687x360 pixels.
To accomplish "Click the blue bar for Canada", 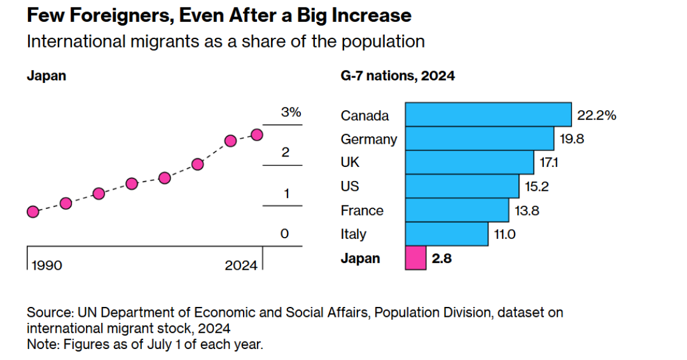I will coord(488,115).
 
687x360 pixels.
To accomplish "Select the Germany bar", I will coord(479,138).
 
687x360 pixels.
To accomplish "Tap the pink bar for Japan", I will coord(415,258).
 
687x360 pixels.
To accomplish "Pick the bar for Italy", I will coord(446,234).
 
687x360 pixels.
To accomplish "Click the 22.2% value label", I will coord(596,115).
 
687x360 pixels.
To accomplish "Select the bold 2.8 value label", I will coord(442,258).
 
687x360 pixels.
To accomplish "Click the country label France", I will coord(362,211).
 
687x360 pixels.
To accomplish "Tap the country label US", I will coord(350,186).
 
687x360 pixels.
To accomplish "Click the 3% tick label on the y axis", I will coord(291,113).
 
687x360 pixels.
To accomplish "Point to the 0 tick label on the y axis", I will coord(284,234).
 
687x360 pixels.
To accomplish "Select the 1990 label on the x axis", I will coord(47,266).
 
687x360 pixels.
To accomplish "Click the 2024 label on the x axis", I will coord(241,266).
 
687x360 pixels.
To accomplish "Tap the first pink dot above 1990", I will coord(33,211).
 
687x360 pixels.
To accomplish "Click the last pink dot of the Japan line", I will coord(257,135).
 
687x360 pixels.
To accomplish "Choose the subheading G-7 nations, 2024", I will coord(397,76).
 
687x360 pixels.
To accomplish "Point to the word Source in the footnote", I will coord(49,312).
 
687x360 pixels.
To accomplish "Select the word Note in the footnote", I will coord(41,344).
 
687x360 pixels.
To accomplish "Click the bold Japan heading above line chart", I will coord(46,76).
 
